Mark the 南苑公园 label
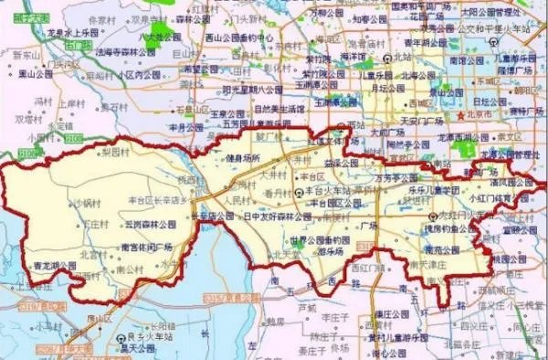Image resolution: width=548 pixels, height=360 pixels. coord(422,247)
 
